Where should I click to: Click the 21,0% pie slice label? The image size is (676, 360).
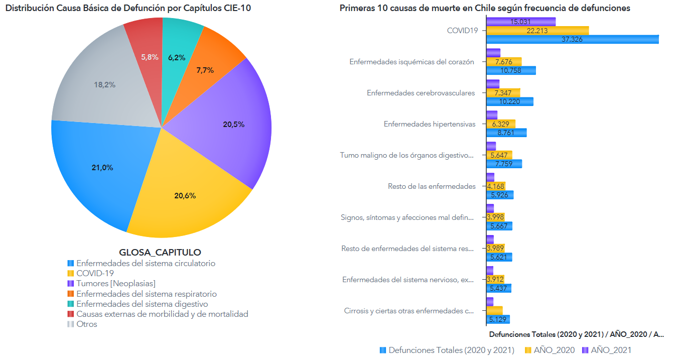tap(102, 168)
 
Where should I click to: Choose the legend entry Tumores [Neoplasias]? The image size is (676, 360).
tap(115, 284)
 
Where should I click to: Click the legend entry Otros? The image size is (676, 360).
tap(86, 324)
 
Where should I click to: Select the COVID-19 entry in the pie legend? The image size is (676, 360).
tap(95, 273)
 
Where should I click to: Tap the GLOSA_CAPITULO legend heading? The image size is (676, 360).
tap(160, 252)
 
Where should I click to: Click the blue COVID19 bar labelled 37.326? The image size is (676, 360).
tap(572, 39)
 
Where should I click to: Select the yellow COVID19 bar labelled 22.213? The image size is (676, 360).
tap(537, 30)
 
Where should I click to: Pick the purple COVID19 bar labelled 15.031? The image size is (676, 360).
tap(521, 22)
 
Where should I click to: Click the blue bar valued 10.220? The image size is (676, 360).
tap(510, 101)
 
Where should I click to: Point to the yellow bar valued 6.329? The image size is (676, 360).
tap(501, 124)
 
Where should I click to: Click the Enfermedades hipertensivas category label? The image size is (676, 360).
tap(429, 124)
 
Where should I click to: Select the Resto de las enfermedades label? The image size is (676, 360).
tap(432, 186)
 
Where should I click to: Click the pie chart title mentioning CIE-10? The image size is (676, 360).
tap(128, 8)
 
